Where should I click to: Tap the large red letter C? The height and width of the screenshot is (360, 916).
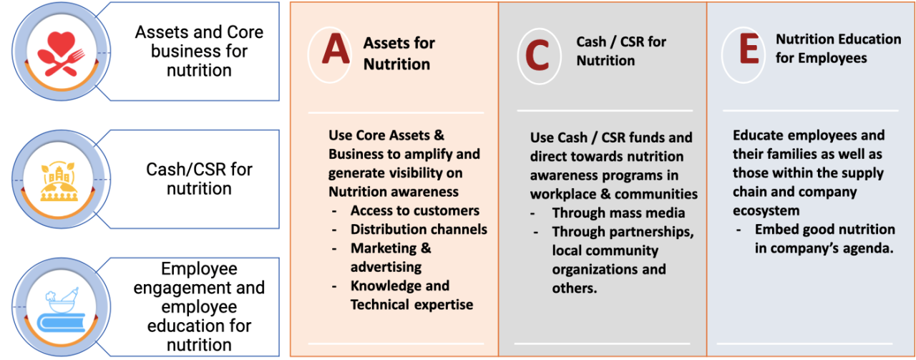[x=537, y=55]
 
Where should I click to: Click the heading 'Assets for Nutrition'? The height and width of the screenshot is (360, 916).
[x=399, y=54]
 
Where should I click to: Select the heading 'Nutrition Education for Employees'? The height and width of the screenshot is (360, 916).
[x=838, y=49]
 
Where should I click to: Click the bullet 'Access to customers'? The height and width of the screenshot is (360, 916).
[x=414, y=210]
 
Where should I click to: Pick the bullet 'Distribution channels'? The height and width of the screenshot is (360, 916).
[x=419, y=229]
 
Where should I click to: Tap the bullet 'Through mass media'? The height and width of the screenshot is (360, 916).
[x=618, y=213]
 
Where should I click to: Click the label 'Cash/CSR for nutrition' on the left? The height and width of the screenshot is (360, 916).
[x=199, y=179]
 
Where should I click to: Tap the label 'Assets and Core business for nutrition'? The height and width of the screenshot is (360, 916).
[x=199, y=52]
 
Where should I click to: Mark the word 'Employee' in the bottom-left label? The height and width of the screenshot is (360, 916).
[x=199, y=269]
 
